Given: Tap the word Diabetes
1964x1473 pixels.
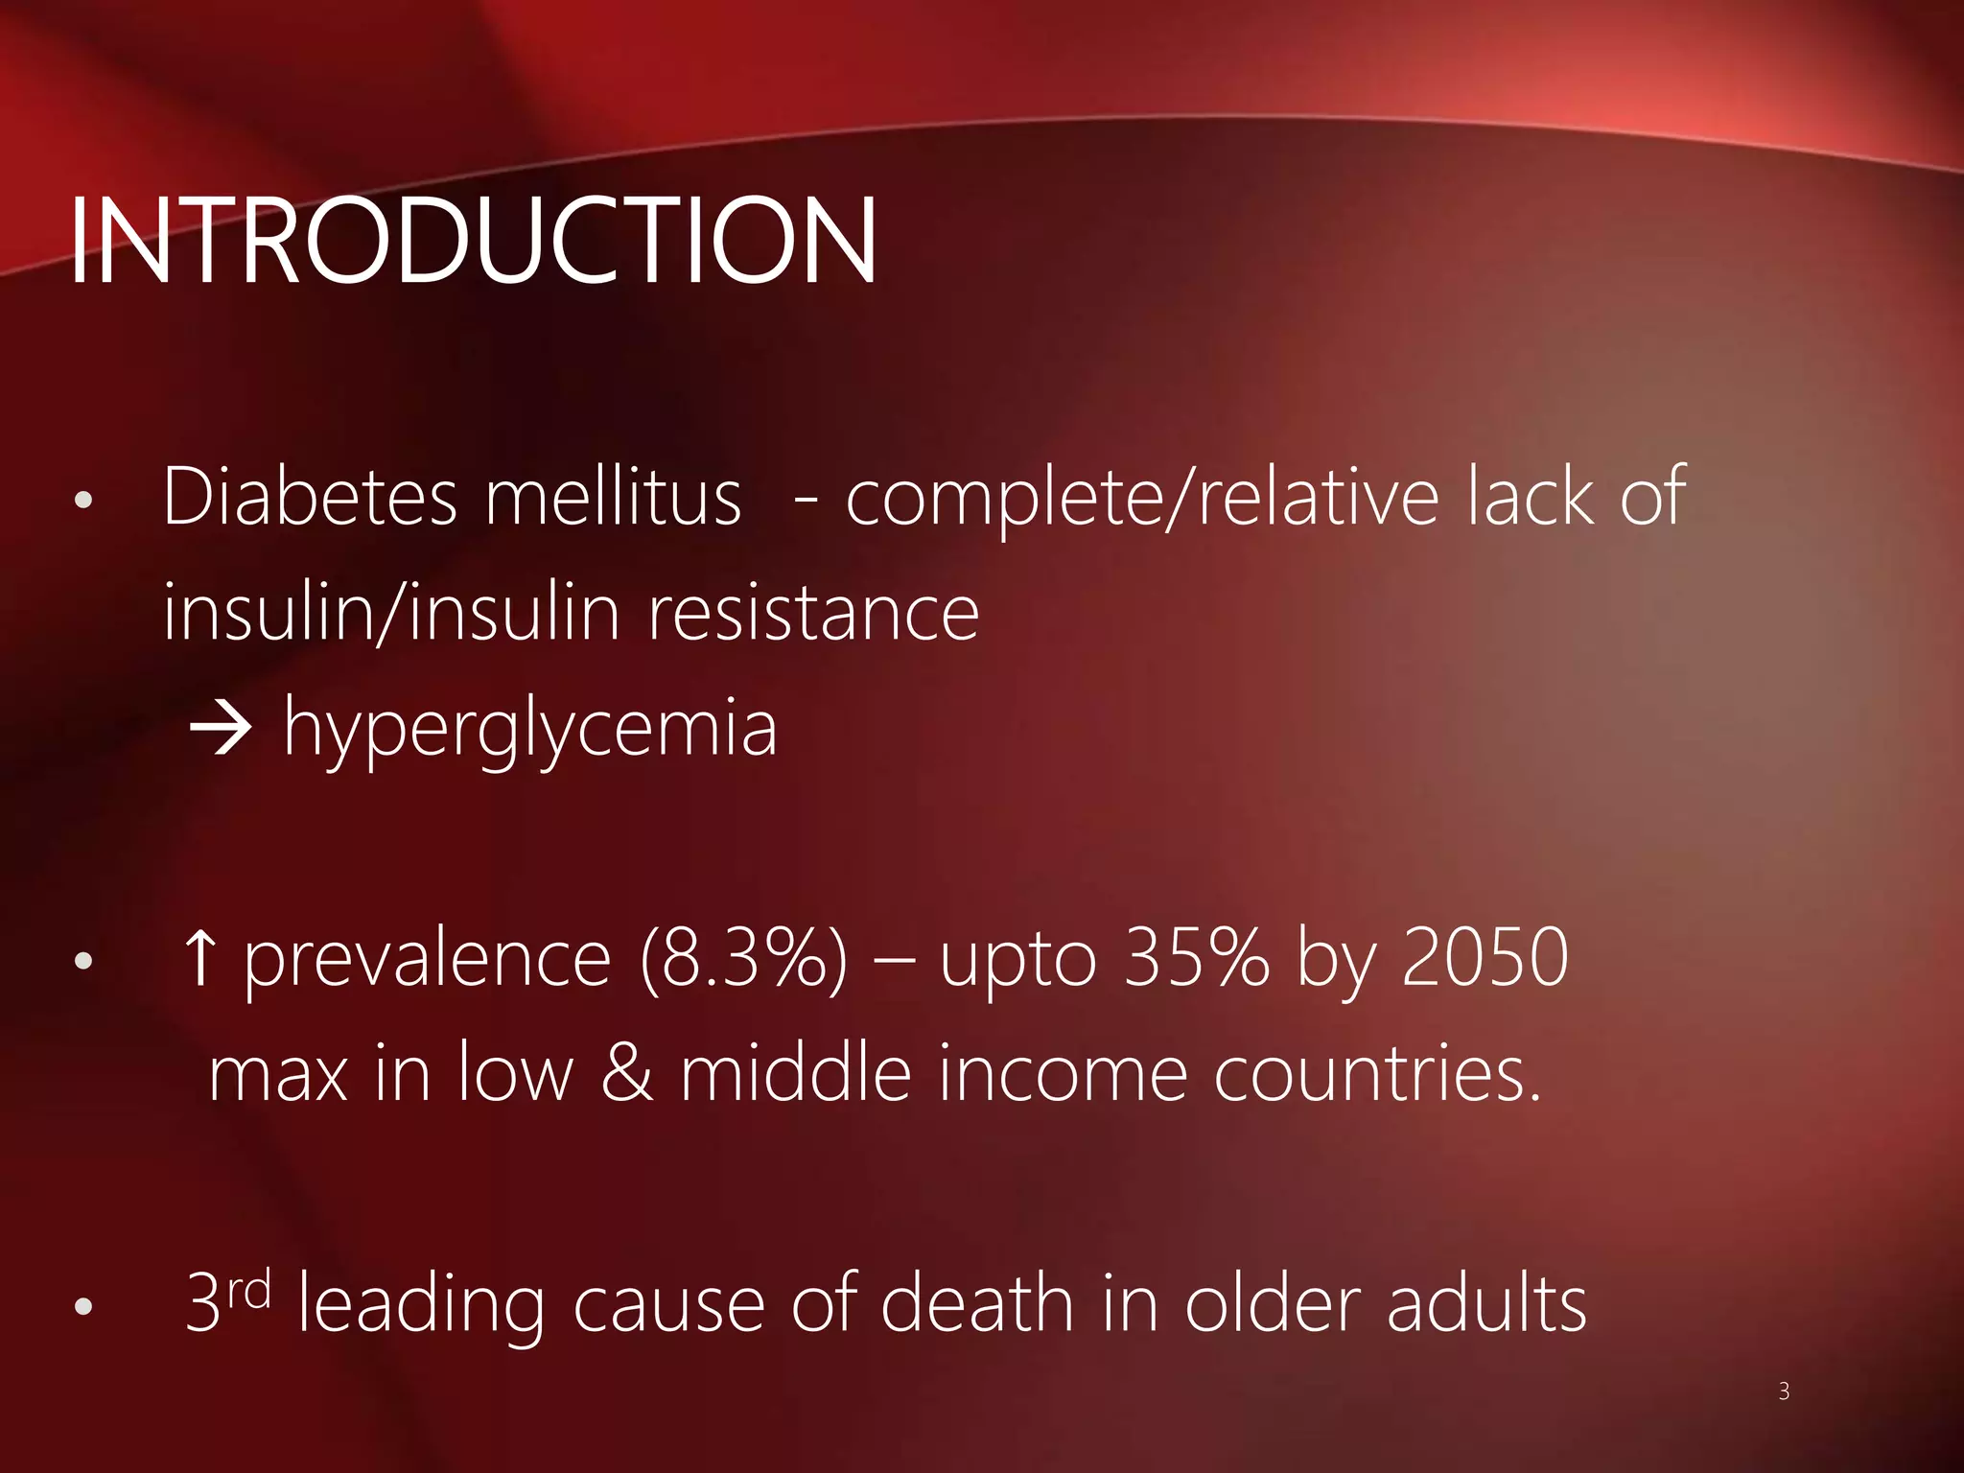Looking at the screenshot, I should tap(310, 497).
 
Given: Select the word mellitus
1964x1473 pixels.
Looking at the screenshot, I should tap(613, 497).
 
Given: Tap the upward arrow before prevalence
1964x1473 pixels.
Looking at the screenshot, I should tap(199, 959).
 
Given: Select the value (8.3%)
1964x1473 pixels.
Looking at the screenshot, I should tap(744, 959).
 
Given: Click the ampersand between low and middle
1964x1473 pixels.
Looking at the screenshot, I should tap(626, 1073).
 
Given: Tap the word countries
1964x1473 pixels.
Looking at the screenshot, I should tap(1377, 1073).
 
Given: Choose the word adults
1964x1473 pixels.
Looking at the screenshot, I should tap(1486, 1303).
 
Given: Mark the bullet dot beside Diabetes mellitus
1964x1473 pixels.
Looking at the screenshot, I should tap(83, 501).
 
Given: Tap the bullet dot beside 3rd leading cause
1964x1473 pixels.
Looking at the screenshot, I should tap(83, 1307).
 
